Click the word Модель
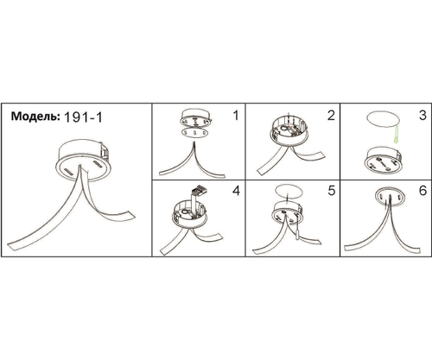point(35,116)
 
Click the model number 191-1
point(82,117)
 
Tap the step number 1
point(236,116)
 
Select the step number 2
point(331,115)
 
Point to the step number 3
point(422,115)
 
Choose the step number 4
point(236,191)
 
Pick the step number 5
point(332,191)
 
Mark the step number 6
point(422,191)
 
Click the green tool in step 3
point(396,135)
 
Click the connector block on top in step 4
point(200,189)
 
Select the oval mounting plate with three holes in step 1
point(194,133)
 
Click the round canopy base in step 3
point(384,161)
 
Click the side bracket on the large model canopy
point(105,151)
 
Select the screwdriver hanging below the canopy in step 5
point(296,231)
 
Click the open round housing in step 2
point(289,131)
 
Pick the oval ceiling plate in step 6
point(391,197)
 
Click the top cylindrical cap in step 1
point(195,117)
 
